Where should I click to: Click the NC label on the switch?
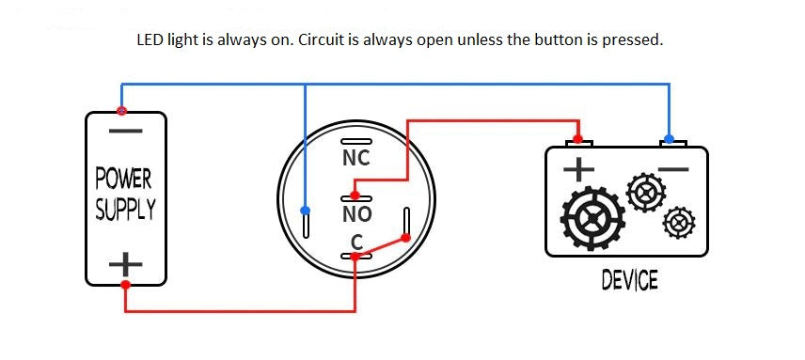[355, 158]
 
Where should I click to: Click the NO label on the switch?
[355, 214]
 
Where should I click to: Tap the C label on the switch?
[356, 242]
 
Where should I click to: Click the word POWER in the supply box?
[123, 178]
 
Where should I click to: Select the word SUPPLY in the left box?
[124, 209]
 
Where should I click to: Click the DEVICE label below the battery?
[629, 280]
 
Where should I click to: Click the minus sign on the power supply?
[124, 130]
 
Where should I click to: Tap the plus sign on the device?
[578, 169]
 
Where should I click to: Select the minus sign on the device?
[672, 170]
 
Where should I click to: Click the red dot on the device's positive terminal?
[580, 140]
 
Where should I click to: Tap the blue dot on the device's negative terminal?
[669, 139]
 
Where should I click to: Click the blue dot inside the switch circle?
[305, 211]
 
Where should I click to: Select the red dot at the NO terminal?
[354, 196]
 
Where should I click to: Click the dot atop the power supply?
[120, 111]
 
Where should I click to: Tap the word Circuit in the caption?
[341, 40]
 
